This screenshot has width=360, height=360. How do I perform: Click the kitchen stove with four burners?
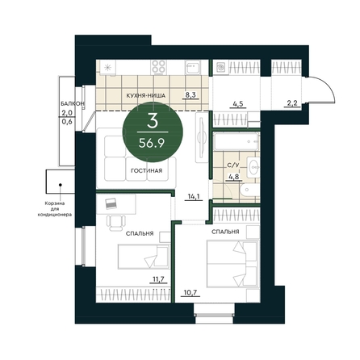(x=158, y=67)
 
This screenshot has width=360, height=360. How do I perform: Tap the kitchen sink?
(x=193, y=67)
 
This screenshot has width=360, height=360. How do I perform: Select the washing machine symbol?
(x=220, y=67)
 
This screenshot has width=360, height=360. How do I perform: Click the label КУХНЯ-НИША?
(x=146, y=95)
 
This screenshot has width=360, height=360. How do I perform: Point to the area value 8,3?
(x=190, y=94)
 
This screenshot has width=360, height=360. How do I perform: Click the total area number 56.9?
(x=152, y=144)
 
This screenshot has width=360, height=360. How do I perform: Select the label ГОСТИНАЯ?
(x=146, y=170)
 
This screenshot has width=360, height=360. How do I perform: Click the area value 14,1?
(x=194, y=197)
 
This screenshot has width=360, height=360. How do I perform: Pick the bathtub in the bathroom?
(x=237, y=141)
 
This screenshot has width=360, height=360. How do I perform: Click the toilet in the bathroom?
(x=249, y=190)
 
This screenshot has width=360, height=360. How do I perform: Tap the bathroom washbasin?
(x=253, y=167)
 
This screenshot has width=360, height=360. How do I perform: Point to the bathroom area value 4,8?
(x=233, y=177)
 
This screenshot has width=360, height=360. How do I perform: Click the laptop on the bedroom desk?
(x=111, y=203)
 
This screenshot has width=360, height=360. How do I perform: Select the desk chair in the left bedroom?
(x=116, y=223)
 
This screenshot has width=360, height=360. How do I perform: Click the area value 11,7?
(x=158, y=279)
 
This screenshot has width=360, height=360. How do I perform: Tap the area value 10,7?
(x=190, y=292)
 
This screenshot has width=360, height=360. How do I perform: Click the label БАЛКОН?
(x=72, y=103)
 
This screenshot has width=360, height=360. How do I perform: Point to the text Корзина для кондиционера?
(x=55, y=209)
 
